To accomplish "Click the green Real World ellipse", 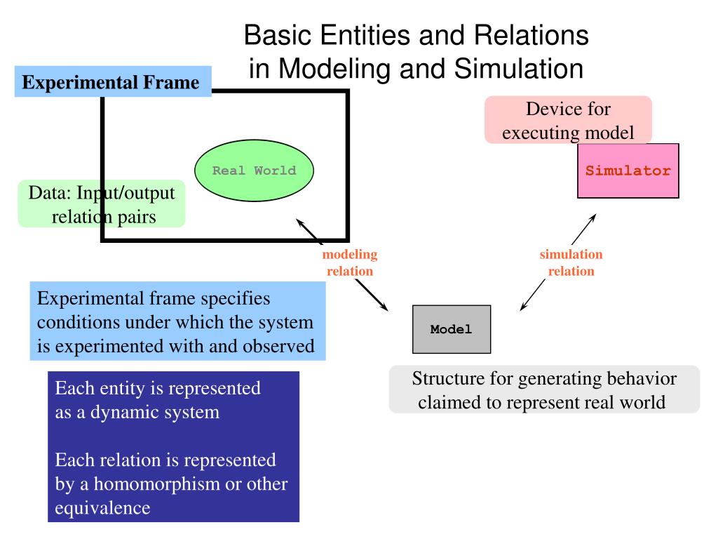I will (254, 171).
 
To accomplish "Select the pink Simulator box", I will (628, 171).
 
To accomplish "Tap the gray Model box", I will (452, 329).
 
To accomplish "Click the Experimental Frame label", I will (111, 82).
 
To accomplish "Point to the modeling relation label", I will (349, 262).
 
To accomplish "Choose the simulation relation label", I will (571, 262).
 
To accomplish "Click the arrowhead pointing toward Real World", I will (299, 222).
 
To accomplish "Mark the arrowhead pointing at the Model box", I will (522, 307).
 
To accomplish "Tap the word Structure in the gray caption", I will (443, 380).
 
